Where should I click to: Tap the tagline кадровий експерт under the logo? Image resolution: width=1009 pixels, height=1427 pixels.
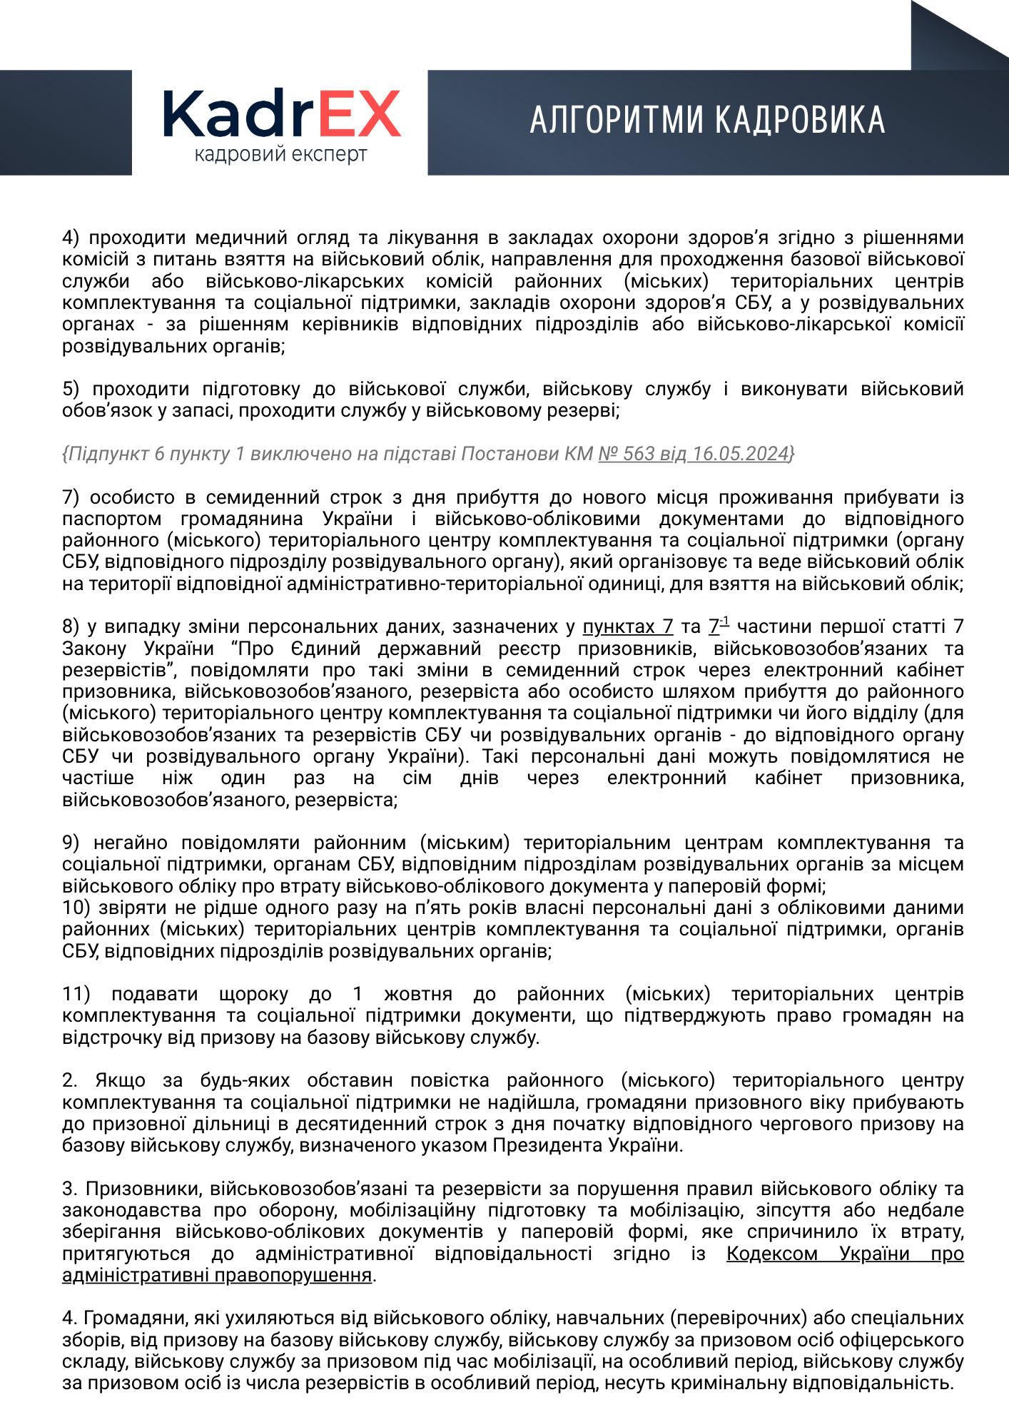coord(280,155)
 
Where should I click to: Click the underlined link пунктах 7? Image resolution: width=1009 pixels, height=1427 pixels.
coord(627,626)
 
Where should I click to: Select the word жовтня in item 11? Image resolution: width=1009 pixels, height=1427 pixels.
coord(417,994)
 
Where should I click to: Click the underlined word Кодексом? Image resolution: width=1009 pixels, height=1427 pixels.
coord(771,1254)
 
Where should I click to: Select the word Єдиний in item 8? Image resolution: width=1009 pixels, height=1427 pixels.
coord(325,649)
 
